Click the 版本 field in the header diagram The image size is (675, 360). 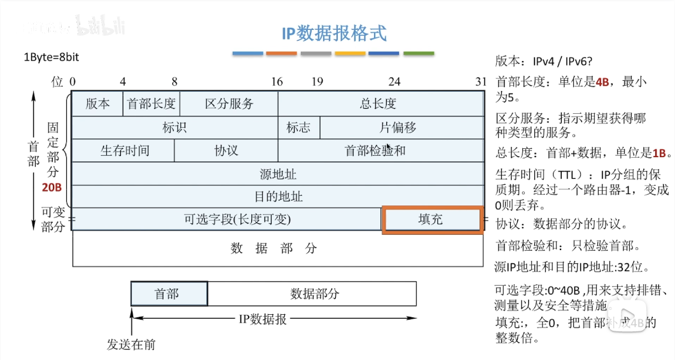click(x=97, y=104)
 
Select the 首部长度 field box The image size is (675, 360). click(x=151, y=104)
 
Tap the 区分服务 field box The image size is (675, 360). click(x=229, y=104)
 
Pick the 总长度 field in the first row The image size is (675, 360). click(x=380, y=104)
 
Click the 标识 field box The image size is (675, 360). click(x=174, y=127)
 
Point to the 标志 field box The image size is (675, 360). click(x=298, y=127)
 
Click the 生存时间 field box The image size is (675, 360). click(x=124, y=151)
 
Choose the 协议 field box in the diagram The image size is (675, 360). click(x=226, y=151)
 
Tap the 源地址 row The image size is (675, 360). click(x=277, y=174)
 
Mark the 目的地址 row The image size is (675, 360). click(x=277, y=197)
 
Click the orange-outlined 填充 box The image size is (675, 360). click(x=431, y=219)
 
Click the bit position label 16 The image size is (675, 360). click(x=277, y=81)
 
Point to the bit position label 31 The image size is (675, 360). click(x=481, y=81)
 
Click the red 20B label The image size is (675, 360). click(x=52, y=188)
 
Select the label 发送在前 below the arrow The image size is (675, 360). click(x=131, y=345)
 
